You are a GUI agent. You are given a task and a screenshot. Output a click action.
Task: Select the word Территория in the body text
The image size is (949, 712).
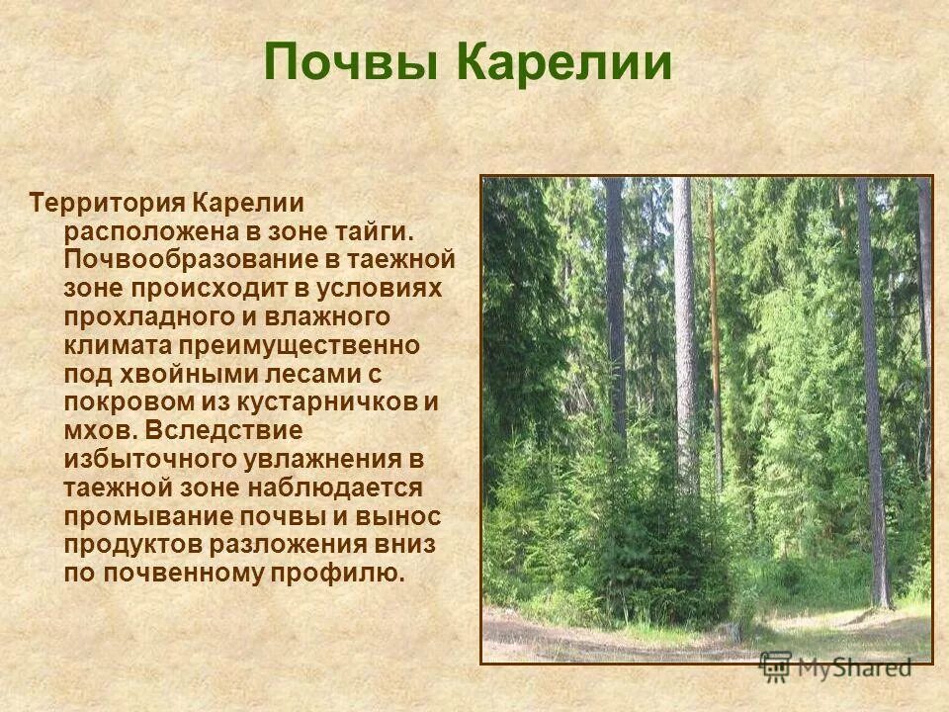(108, 204)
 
